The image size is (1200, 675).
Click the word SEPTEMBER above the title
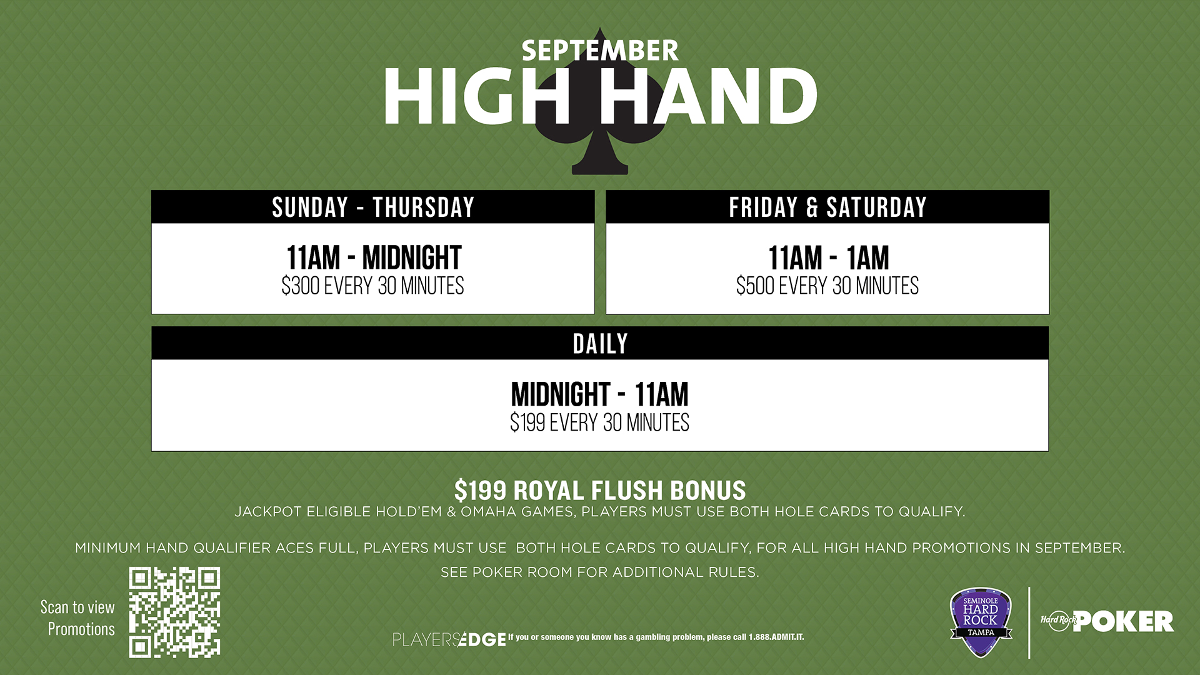click(600, 51)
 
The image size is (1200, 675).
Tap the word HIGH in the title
click(477, 96)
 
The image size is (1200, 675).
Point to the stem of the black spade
click(600, 156)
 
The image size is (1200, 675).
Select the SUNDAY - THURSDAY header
click(373, 207)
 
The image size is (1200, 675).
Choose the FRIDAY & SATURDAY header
click(827, 207)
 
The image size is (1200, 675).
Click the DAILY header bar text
click(600, 344)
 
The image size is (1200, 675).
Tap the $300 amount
click(301, 286)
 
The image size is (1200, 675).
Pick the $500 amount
click(756, 286)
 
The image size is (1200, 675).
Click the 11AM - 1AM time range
click(828, 257)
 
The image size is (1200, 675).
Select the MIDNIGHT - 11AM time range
click(600, 394)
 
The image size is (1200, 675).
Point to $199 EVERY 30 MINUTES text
click(600, 422)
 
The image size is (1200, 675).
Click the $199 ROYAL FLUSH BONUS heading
click(600, 491)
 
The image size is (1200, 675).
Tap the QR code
click(175, 612)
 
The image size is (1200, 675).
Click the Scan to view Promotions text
click(78, 618)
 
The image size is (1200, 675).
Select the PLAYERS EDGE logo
click(449, 639)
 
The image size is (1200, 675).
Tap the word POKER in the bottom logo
click(1123, 622)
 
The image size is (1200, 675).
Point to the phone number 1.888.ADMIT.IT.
click(776, 637)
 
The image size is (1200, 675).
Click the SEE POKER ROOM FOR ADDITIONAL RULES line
click(600, 572)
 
